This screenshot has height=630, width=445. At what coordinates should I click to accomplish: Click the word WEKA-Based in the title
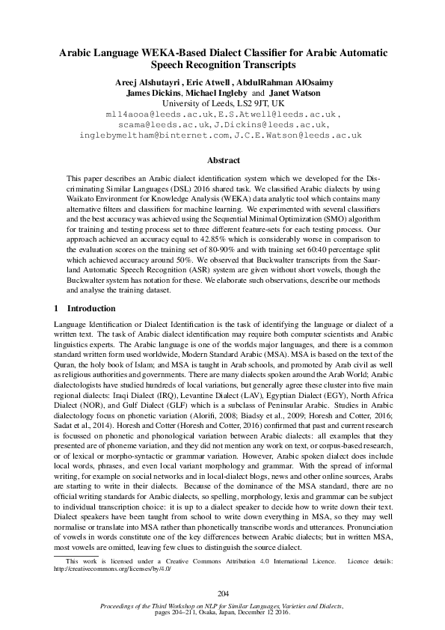[x=174, y=54]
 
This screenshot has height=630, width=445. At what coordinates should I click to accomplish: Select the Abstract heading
[x=223, y=160]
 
